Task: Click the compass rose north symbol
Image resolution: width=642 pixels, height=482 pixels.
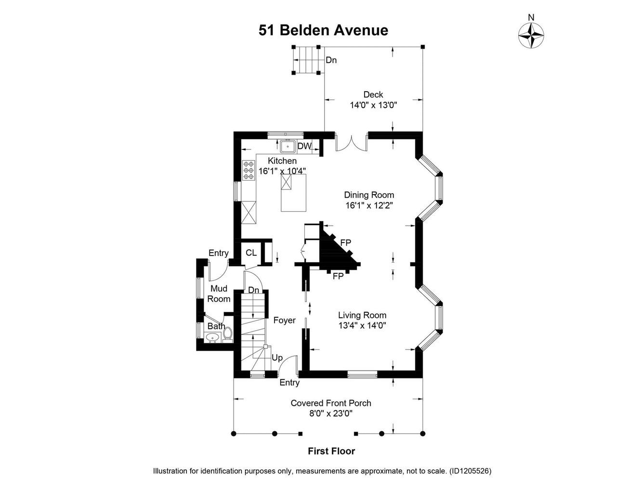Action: [x=531, y=35]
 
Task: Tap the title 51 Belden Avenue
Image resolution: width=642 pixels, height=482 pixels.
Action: [x=323, y=30]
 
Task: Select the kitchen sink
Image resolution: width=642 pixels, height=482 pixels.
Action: [x=288, y=147]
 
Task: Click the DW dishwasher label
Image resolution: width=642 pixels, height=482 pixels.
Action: [x=304, y=146]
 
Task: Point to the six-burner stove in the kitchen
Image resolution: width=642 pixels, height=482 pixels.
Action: [x=249, y=170]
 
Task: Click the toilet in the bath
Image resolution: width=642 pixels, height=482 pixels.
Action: [x=227, y=334]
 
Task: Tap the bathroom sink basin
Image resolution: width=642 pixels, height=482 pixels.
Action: [x=211, y=337]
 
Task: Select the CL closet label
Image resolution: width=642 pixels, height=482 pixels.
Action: [x=251, y=253]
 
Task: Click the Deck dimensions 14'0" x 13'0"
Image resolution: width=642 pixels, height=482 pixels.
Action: [x=373, y=105]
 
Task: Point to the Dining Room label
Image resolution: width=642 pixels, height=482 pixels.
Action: [x=369, y=195]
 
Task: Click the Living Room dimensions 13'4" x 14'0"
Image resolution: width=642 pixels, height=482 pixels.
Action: [x=362, y=325]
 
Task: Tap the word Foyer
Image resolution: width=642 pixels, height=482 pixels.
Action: [x=284, y=320]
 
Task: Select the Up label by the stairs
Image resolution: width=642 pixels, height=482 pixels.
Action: [x=277, y=358]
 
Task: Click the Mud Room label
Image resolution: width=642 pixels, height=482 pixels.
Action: [x=219, y=294]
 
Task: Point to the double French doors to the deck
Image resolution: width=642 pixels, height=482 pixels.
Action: [x=351, y=143]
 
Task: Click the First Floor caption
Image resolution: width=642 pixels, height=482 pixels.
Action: [x=331, y=451]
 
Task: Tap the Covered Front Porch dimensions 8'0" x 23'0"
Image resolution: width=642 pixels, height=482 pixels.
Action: [x=330, y=414]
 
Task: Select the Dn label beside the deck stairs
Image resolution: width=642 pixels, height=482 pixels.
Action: [x=331, y=60]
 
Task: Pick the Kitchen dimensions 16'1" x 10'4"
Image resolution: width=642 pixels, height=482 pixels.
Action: [x=282, y=171]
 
